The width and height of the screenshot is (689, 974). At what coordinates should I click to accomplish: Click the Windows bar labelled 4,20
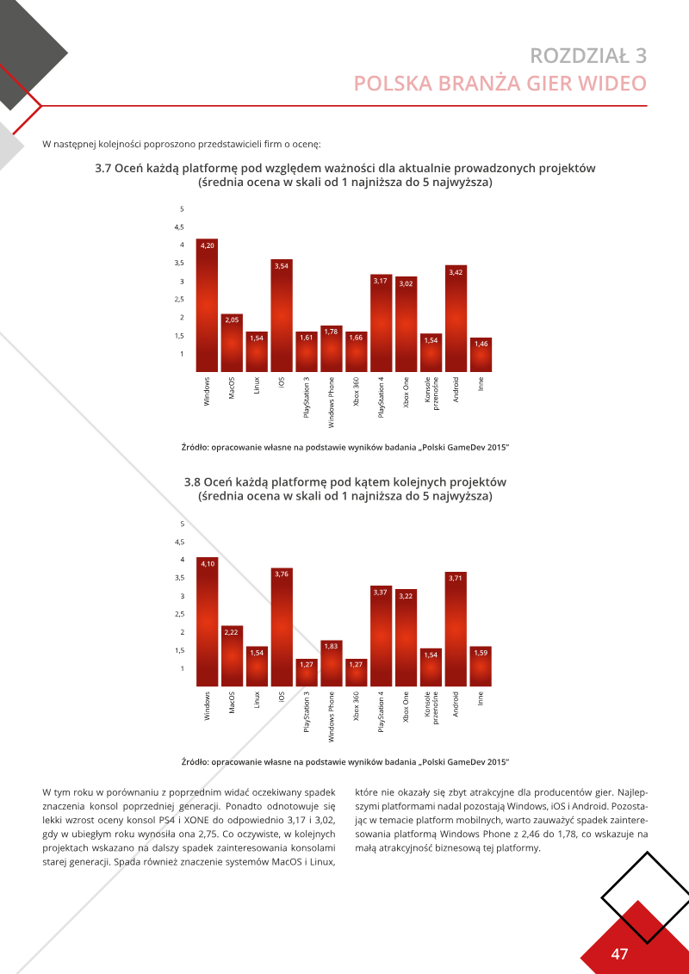[x=207, y=306]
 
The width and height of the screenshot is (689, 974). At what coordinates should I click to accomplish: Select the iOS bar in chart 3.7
[x=282, y=315]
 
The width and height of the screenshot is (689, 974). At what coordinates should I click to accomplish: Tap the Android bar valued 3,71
[x=456, y=629]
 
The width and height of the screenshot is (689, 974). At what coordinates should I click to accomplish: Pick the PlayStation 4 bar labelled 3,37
[x=381, y=636]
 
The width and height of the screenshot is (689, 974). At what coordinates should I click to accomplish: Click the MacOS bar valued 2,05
[x=232, y=343]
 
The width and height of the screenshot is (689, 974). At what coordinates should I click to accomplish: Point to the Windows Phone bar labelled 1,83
[x=331, y=663]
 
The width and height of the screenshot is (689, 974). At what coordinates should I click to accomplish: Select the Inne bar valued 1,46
[x=481, y=355]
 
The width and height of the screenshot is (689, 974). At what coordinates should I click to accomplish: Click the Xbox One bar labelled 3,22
[x=406, y=638]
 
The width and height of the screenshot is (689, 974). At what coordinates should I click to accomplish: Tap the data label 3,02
[x=406, y=284]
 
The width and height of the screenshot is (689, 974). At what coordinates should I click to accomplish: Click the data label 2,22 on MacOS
[x=232, y=633]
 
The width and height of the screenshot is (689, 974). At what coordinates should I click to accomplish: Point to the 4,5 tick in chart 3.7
[x=179, y=226]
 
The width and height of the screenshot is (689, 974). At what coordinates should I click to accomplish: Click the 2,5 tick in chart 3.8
[x=179, y=614]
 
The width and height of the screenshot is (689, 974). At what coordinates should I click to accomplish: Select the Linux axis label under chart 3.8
[x=257, y=699]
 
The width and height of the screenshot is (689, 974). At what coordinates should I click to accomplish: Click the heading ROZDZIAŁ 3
[x=588, y=56]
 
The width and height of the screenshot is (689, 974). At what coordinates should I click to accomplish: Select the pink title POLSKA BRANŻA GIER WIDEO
[x=500, y=84]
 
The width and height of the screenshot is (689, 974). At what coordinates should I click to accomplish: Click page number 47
[x=618, y=954]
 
